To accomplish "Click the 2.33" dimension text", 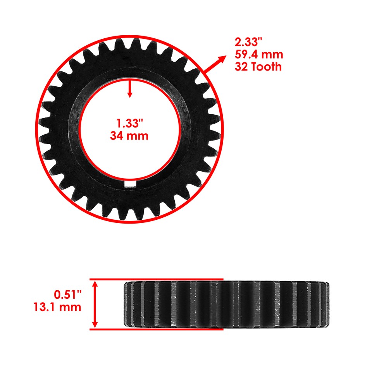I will (246, 42).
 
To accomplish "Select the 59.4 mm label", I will (258, 54).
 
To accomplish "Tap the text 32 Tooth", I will (258, 67).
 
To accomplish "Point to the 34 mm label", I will (129, 136).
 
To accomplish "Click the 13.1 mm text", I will (57, 307).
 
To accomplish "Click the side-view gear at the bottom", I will (226, 304).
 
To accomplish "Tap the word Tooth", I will (267, 67).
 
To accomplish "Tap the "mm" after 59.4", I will (273, 54).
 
